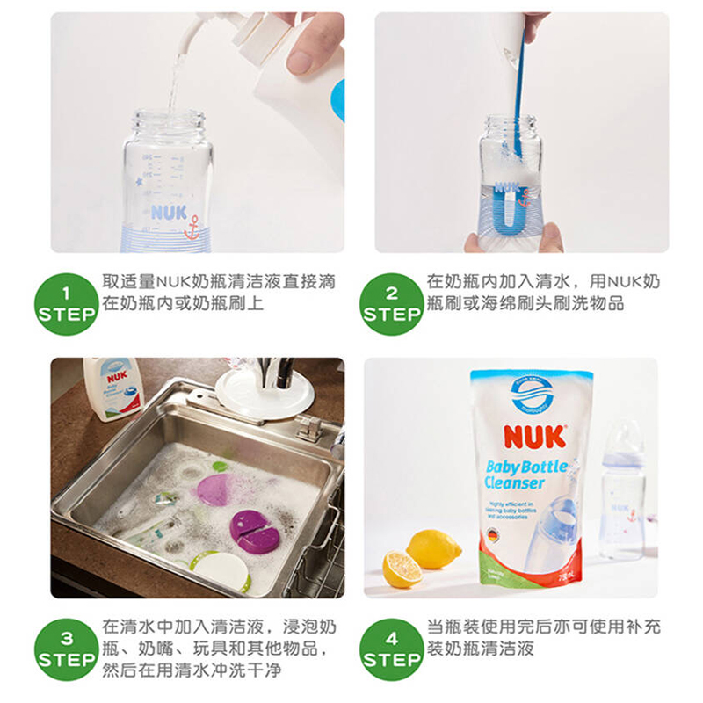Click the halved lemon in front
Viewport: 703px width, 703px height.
[402, 569]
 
